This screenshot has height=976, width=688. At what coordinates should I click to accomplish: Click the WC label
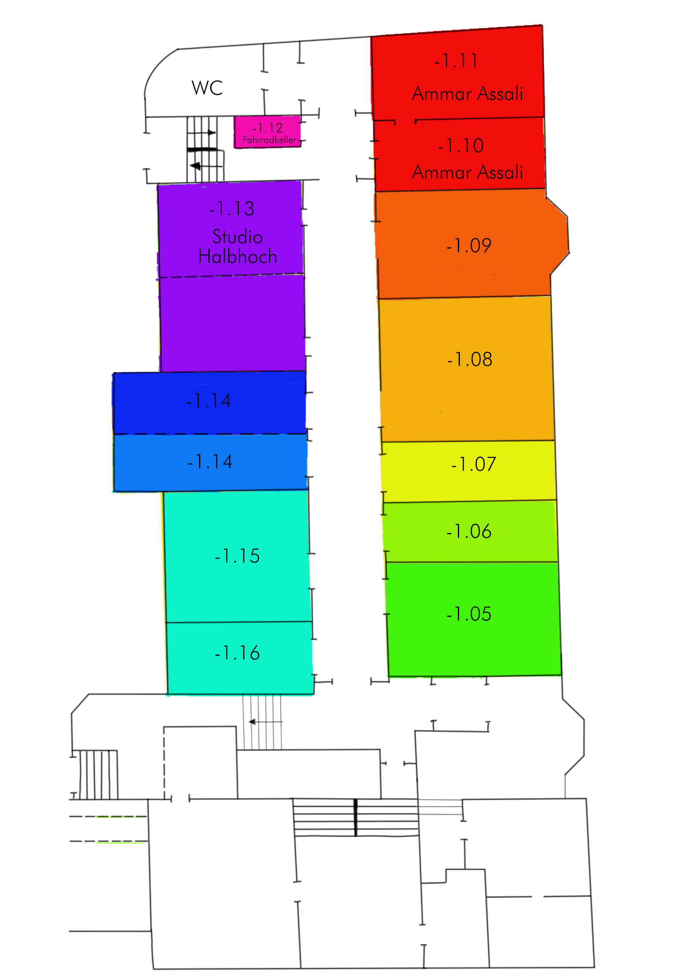tap(207, 88)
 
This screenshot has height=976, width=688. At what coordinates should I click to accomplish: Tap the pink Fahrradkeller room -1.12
tap(267, 132)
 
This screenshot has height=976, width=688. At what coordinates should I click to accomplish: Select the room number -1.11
tap(456, 61)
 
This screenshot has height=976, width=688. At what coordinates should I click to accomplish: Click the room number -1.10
tap(461, 146)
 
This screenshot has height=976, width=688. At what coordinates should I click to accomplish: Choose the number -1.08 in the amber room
tap(470, 360)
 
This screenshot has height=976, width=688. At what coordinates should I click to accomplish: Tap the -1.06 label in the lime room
tap(469, 531)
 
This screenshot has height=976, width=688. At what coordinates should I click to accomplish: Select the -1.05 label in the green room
tap(469, 614)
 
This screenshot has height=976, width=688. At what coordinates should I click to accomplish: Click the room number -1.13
tap(232, 209)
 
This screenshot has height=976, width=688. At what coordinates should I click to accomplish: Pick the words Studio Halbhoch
tap(238, 247)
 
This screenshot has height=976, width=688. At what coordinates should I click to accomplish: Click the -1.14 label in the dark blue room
tap(208, 401)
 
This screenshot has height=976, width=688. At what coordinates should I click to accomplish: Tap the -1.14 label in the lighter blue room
tap(210, 462)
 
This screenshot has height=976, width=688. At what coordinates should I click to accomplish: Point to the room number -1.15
tap(237, 556)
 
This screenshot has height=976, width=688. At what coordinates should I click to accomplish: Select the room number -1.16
tap(237, 653)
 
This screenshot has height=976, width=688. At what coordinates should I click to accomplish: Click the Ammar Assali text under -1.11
tap(467, 94)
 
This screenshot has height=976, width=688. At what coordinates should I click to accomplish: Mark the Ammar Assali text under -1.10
tap(467, 172)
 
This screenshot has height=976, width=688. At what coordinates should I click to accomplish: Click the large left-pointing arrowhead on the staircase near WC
tap(195, 166)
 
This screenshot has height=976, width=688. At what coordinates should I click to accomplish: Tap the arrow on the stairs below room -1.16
tap(266, 722)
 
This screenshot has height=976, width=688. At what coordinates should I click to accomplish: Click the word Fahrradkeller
tap(269, 140)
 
